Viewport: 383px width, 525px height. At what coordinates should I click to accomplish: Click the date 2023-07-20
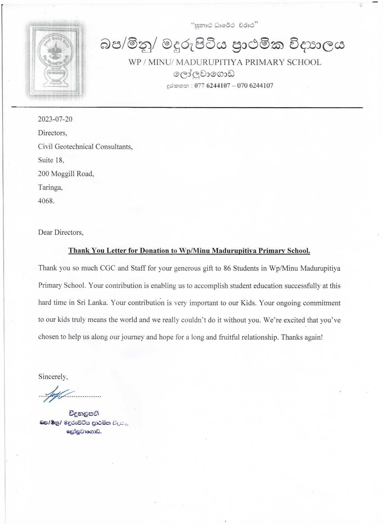click(55, 119)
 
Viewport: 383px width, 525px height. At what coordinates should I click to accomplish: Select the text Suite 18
click(51, 160)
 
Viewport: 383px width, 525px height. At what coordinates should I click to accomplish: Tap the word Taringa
click(50, 188)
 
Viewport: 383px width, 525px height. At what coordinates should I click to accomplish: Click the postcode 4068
click(46, 201)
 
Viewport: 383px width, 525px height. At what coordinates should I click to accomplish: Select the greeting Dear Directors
click(61, 233)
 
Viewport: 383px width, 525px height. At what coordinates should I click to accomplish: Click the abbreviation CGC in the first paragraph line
click(108, 268)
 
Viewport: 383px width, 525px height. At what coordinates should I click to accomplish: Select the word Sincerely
click(53, 377)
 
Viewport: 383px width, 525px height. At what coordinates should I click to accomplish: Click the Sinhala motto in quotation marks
click(224, 25)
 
